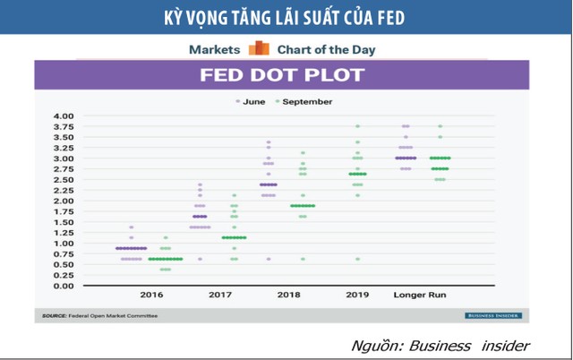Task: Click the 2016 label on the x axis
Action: (x=151, y=295)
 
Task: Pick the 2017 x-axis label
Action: (x=219, y=295)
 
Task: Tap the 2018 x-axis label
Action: (x=288, y=295)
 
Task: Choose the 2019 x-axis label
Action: (x=357, y=295)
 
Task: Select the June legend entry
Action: (x=254, y=102)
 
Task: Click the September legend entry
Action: (x=304, y=102)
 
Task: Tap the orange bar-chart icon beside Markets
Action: (x=259, y=48)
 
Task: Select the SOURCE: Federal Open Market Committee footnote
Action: (x=100, y=315)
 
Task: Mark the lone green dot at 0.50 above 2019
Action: (x=357, y=259)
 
